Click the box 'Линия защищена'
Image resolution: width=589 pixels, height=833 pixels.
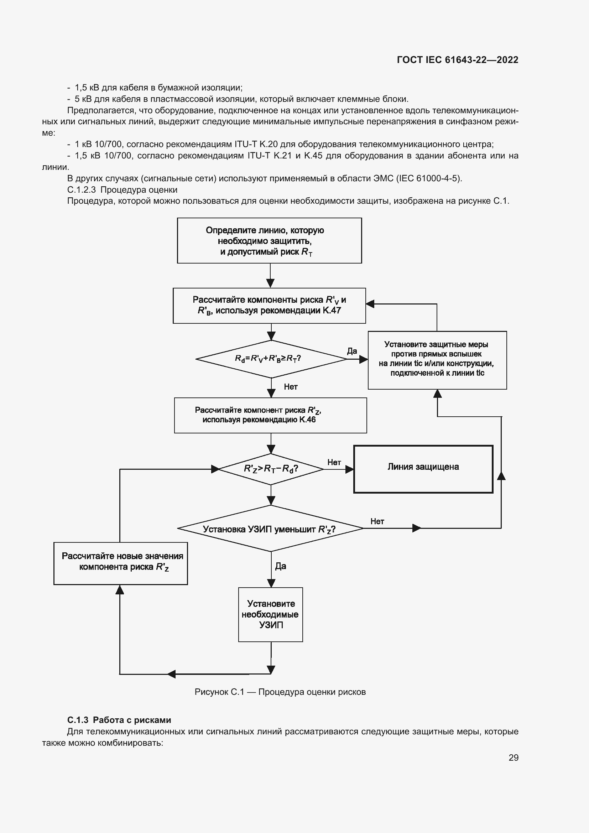click(x=423, y=469)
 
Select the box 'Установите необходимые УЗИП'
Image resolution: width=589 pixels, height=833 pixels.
click(x=270, y=614)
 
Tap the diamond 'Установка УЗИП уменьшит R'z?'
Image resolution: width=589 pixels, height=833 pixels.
click(x=270, y=529)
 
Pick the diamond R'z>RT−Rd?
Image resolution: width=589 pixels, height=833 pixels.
click(x=271, y=469)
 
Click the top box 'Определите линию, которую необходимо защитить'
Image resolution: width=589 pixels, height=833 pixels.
click(x=269, y=240)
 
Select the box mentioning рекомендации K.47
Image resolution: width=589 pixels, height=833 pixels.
click(x=269, y=306)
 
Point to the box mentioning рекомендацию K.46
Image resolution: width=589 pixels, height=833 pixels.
click(x=270, y=415)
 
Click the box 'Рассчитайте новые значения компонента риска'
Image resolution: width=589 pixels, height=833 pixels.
click(x=120, y=563)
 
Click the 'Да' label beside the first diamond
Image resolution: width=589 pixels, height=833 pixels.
click(x=352, y=351)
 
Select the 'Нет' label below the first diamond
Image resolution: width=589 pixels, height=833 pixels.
click(x=291, y=387)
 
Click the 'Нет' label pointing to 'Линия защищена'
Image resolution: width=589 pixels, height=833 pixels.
click(x=334, y=462)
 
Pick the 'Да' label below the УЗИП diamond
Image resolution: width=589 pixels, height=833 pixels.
click(x=280, y=566)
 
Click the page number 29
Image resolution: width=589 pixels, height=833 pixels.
click(x=513, y=757)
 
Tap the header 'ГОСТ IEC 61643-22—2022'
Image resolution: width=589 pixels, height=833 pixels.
click(x=457, y=60)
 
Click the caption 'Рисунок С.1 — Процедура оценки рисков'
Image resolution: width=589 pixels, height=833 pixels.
click(x=280, y=692)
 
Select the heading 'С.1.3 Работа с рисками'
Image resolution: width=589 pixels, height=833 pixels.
click(x=119, y=720)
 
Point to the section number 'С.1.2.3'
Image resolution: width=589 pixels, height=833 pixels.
click(x=81, y=190)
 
